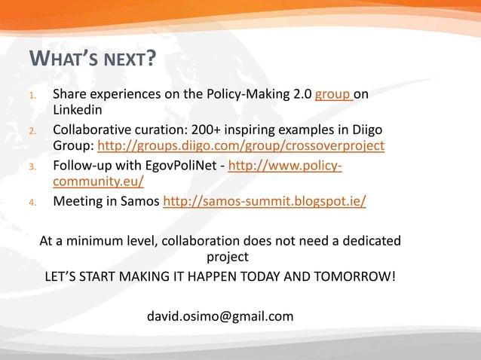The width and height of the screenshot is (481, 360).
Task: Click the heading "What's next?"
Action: [x=92, y=59]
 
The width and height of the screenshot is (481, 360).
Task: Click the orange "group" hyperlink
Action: [x=331, y=96]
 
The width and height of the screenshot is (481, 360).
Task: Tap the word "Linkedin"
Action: [x=77, y=111]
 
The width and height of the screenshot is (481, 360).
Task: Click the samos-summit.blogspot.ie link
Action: [x=265, y=201]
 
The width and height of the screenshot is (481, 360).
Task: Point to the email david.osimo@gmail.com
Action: [x=219, y=316]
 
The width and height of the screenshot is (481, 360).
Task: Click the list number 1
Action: [x=32, y=96]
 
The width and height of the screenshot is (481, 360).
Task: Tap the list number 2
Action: [x=32, y=131]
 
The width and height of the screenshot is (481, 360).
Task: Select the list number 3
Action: [x=32, y=166]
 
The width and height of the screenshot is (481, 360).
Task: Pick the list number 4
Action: [x=32, y=202]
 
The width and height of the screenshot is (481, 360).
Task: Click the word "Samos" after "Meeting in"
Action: [x=142, y=201]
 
